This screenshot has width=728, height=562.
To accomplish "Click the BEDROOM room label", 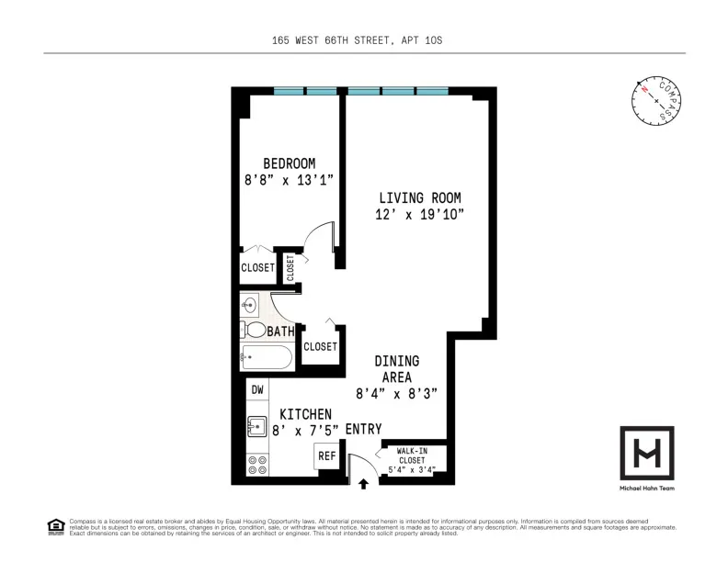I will click(x=289, y=163).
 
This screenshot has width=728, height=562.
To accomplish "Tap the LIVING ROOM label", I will click(x=420, y=197).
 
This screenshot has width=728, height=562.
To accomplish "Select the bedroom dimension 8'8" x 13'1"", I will click(x=289, y=180).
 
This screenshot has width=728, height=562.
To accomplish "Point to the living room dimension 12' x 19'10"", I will click(x=420, y=214).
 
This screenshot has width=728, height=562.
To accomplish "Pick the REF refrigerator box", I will click(x=326, y=455).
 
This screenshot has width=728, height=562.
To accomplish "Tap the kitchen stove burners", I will click(x=258, y=465).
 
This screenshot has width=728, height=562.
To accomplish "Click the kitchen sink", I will click(x=257, y=426).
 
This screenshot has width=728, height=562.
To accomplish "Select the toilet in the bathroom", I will click(x=254, y=330).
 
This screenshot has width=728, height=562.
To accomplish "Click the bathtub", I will click(x=267, y=355).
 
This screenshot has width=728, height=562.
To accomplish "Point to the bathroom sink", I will click(x=248, y=305).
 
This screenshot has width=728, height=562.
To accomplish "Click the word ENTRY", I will click(x=363, y=429).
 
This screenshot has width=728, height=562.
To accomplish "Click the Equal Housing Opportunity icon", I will click(x=54, y=526).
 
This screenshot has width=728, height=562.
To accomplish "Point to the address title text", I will click(x=364, y=41).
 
